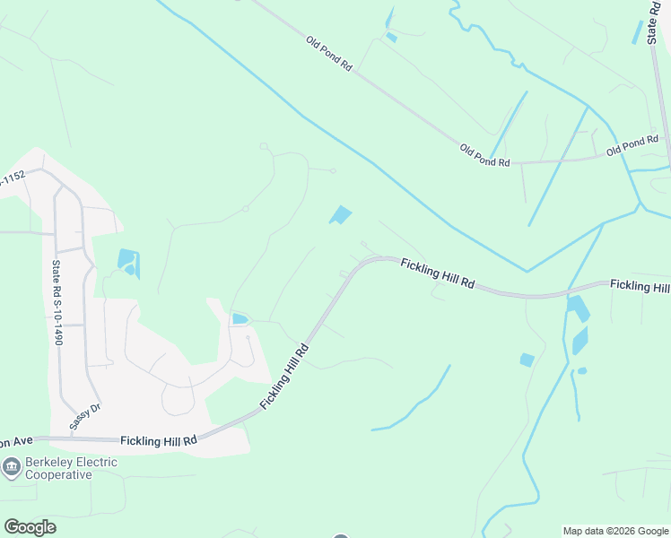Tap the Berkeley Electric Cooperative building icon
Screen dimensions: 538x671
pos(12,466)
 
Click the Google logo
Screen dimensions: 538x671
pos(30,527)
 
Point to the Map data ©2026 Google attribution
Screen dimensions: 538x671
pos(615,531)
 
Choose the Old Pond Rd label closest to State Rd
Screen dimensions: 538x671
pos(632,145)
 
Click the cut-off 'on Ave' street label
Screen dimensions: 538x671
pos(16,441)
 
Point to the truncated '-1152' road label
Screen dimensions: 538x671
pos(12,178)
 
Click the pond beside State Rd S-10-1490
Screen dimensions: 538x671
pos(126,261)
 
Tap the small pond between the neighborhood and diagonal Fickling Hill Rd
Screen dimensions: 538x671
pos(240,318)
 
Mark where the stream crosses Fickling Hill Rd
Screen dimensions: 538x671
pos(567,291)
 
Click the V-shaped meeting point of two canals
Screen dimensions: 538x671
pos(527,271)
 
